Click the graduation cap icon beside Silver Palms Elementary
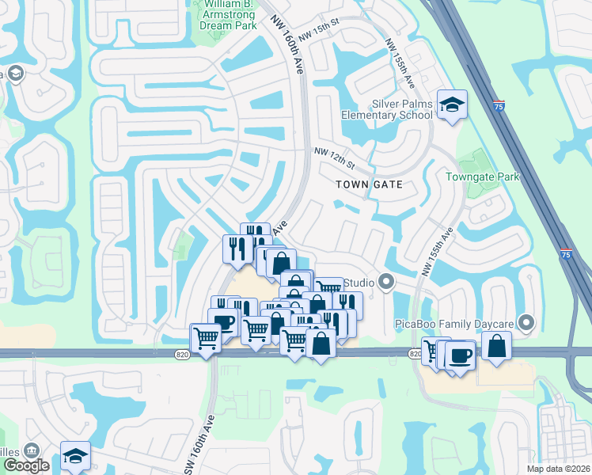[x=452, y=105]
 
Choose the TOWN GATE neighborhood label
[x=369, y=184]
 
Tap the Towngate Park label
[x=482, y=177]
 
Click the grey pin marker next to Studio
[x=386, y=282]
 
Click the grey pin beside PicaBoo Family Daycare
[x=529, y=323]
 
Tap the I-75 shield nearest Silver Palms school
[x=497, y=104]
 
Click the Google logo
[x=27, y=465]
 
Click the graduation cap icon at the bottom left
[x=75, y=455]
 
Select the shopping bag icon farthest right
[x=495, y=345]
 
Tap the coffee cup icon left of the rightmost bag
[x=460, y=355]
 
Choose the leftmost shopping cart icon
[x=206, y=338]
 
